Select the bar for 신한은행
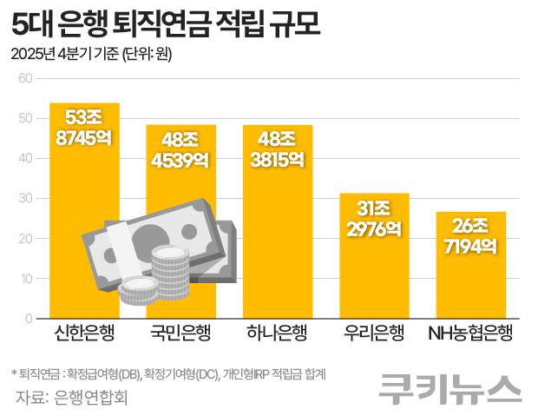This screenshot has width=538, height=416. [x=84, y=191]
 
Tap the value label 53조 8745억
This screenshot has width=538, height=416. [x=84, y=126]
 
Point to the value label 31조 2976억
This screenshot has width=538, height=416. [x=374, y=218]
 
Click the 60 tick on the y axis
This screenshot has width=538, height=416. [x=25, y=78]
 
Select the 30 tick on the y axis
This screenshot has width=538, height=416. [x=25, y=199]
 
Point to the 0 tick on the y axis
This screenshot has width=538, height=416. [x=29, y=319]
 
